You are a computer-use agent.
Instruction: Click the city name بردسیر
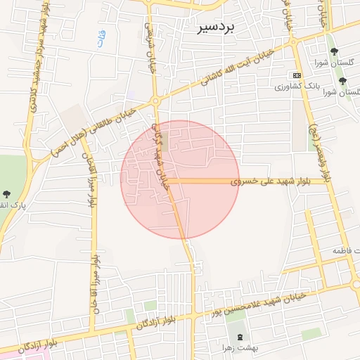pos(219,26)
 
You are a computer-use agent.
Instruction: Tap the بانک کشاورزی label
pos(297,86)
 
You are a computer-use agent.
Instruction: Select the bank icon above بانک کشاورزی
pos(297,75)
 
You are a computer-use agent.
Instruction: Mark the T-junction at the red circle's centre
pos(166,181)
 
